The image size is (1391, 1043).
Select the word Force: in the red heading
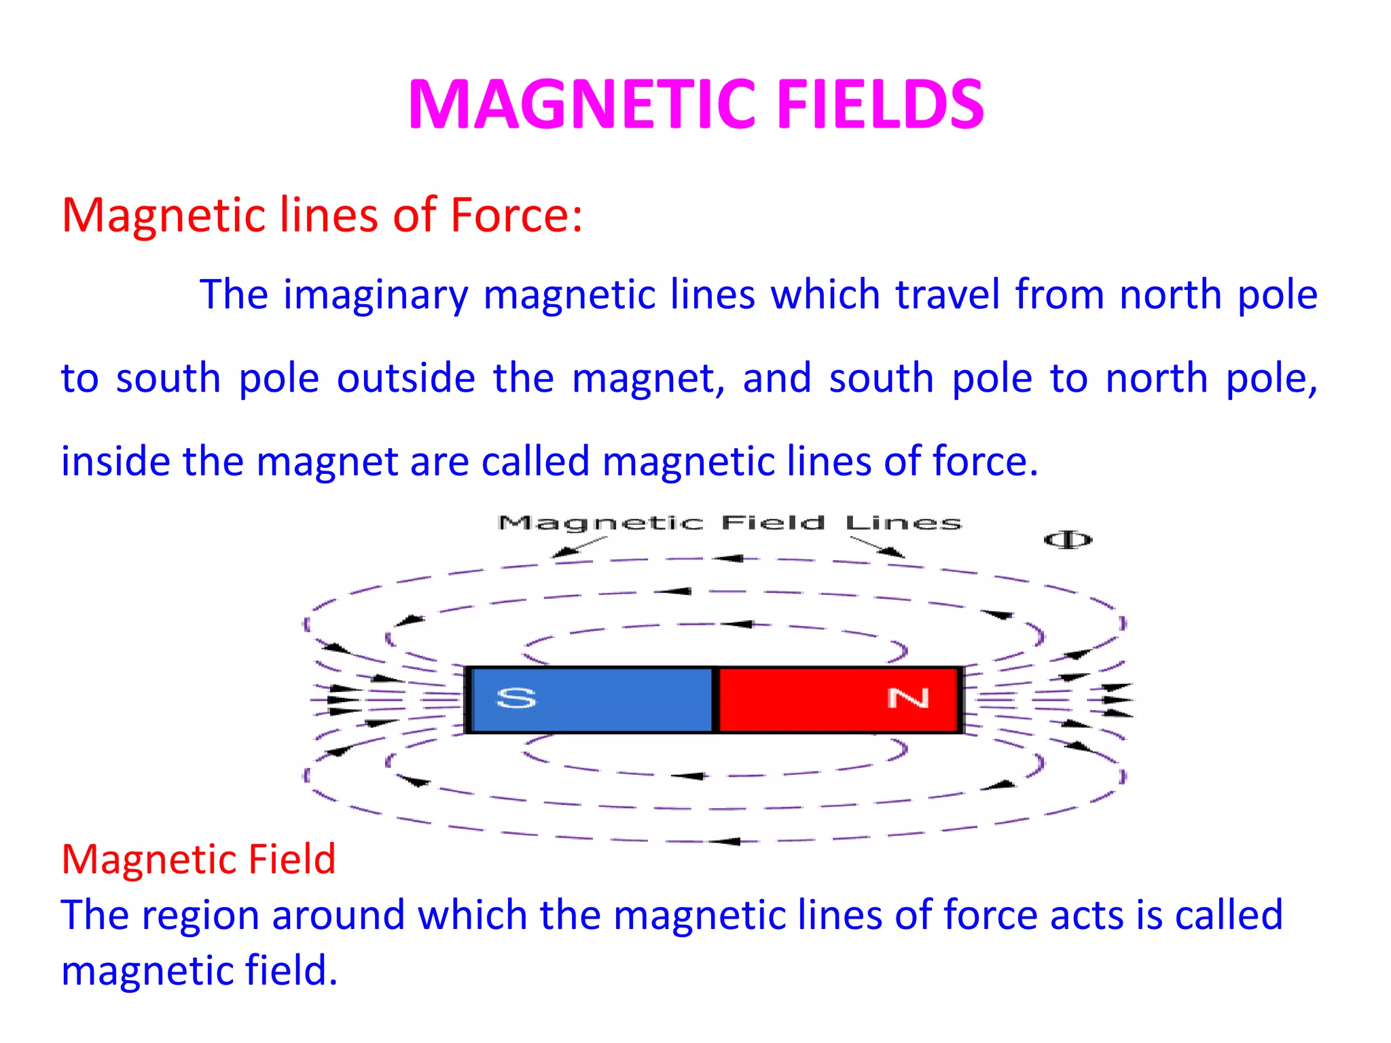click(x=516, y=215)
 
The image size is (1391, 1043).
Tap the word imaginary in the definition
click(x=376, y=295)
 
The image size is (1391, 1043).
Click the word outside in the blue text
click(x=406, y=378)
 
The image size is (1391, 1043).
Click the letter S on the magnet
click(x=516, y=698)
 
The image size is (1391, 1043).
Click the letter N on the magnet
click(x=908, y=698)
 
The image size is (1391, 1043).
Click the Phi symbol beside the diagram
click(x=1068, y=540)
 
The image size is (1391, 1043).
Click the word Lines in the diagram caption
click(x=903, y=523)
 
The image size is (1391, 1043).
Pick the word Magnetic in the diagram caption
click(x=600, y=523)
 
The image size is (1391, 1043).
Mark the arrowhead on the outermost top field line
click(x=728, y=558)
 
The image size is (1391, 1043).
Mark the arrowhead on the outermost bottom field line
click(x=725, y=841)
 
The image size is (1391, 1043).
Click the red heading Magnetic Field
click(x=198, y=859)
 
